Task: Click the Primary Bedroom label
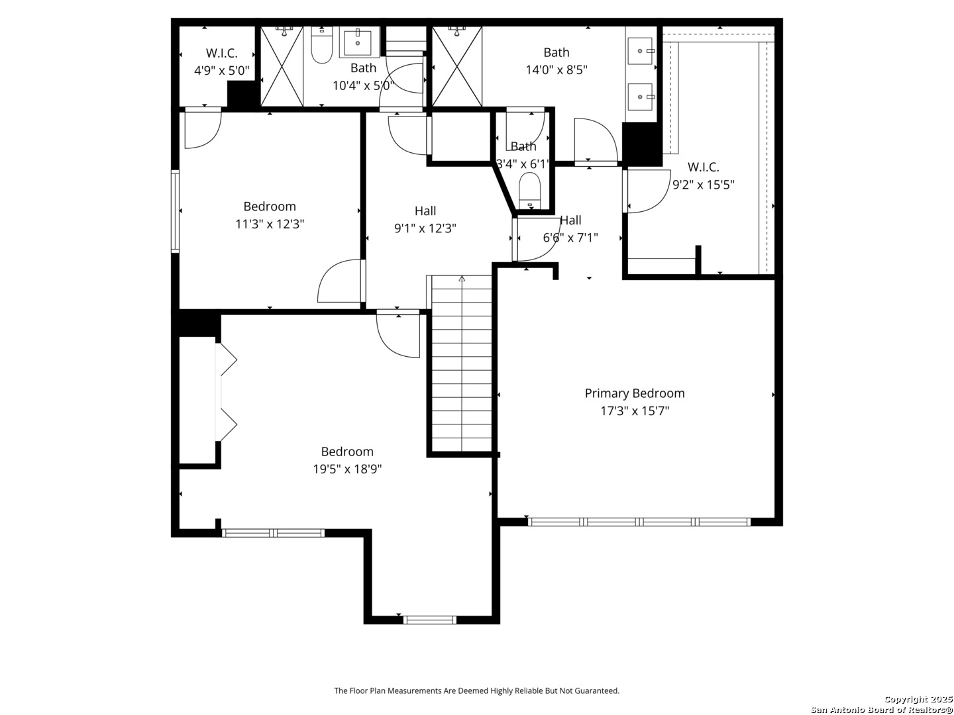click(634, 393)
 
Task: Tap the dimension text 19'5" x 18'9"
click(347, 469)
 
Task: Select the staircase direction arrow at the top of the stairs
click(462, 278)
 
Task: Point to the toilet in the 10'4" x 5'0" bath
click(321, 45)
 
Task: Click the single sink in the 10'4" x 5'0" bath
click(358, 42)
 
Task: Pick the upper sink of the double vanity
click(641, 51)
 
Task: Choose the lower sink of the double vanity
click(641, 97)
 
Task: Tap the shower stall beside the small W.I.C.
click(282, 66)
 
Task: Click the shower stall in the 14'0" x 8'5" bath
click(456, 66)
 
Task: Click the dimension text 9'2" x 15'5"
click(703, 185)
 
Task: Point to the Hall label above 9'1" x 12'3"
click(425, 211)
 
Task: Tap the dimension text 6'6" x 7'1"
click(570, 238)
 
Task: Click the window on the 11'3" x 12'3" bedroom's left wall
click(175, 211)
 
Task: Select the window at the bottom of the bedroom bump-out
click(430, 620)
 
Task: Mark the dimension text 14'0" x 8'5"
click(556, 70)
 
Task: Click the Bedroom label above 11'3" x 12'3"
click(270, 206)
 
